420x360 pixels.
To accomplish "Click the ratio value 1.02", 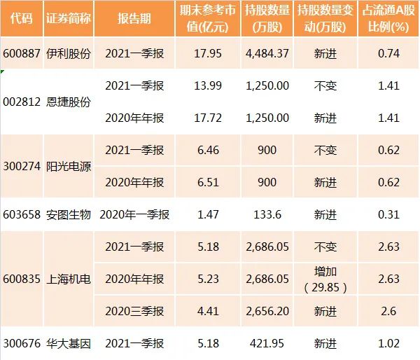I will coord(388,343).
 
